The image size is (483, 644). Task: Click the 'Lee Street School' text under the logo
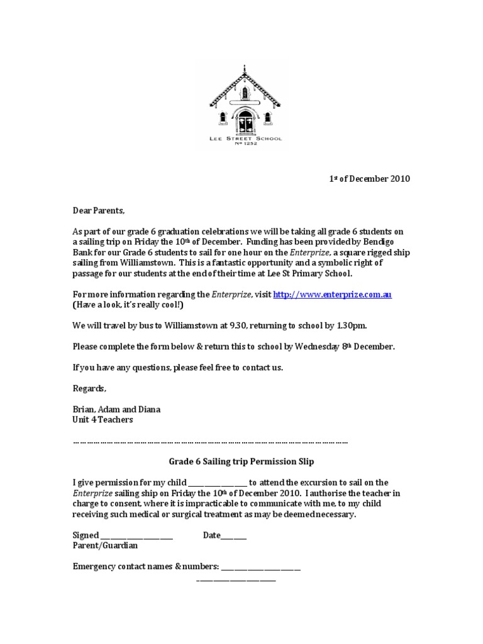245,138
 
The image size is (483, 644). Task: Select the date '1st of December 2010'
370,179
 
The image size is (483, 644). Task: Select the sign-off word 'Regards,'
89,388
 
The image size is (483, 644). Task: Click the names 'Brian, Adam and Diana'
116,409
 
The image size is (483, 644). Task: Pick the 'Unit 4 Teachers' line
103,419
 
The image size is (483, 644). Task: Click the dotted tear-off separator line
210,441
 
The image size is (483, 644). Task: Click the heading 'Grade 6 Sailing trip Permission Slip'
241,462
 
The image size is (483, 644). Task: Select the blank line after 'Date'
233,536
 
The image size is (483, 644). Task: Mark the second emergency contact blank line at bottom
236,579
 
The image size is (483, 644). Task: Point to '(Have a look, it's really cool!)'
129,304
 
